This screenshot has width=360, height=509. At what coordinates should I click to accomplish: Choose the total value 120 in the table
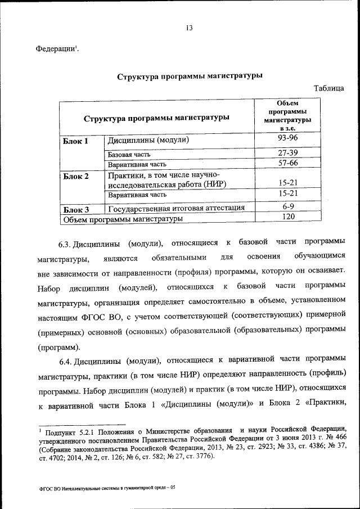tap(289, 217)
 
